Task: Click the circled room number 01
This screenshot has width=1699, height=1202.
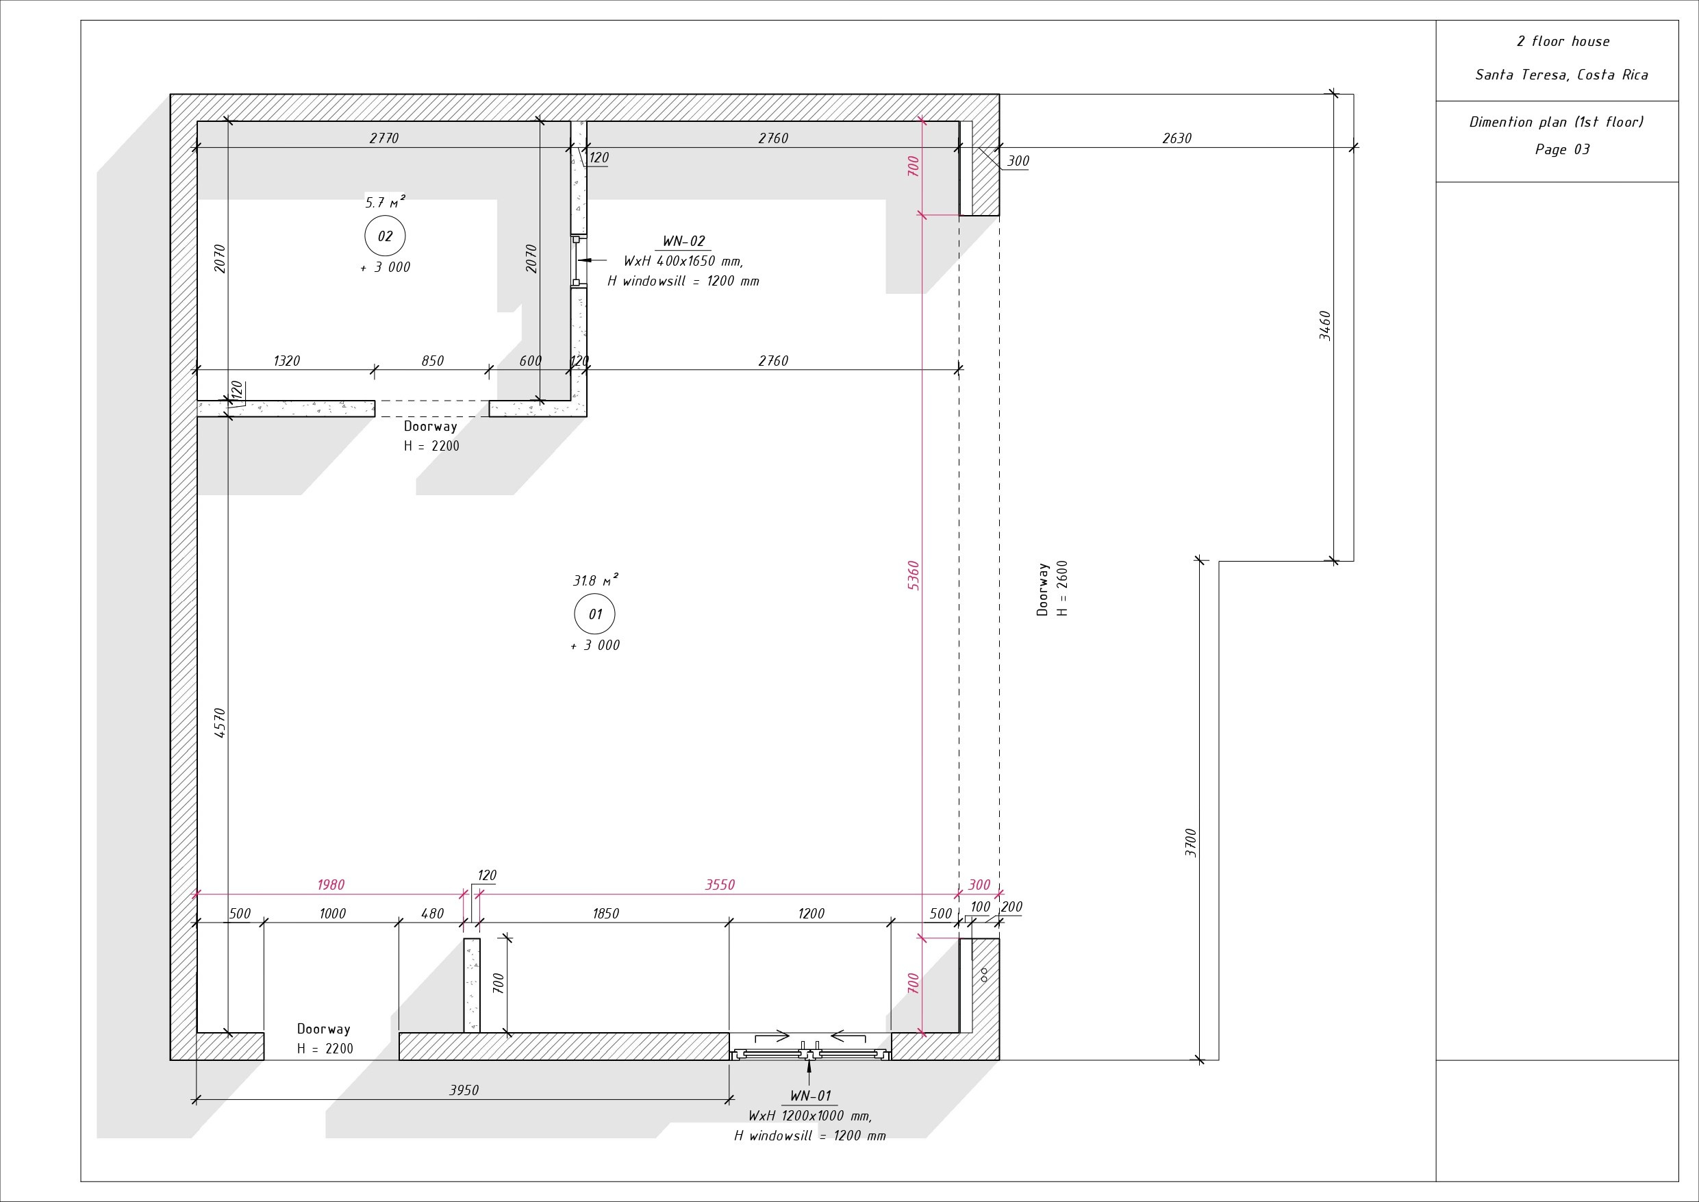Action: pyautogui.click(x=595, y=614)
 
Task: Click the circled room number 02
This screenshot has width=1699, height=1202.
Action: pyautogui.click(x=385, y=236)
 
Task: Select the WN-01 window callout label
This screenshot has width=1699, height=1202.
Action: pyautogui.click(x=810, y=1095)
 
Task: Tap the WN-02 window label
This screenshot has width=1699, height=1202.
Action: pyautogui.click(x=683, y=241)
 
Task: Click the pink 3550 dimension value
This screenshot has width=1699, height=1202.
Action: pyautogui.click(x=720, y=884)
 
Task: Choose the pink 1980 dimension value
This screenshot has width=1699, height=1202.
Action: pyautogui.click(x=331, y=884)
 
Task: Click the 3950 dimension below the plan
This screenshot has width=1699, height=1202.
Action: pyautogui.click(x=464, y=1090)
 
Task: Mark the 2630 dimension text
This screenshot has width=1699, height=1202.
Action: pyautogui.click(x=1176, y=138)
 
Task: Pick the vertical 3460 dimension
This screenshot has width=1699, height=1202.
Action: pyautogui.click(x=1325, y=325)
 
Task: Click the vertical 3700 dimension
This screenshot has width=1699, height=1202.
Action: pyautogui.click(x=1191, y=842)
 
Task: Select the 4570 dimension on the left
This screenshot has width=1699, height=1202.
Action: pyautogui.click(x=220, y=723)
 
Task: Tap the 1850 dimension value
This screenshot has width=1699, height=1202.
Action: pyautogui.click(x=605, y=914)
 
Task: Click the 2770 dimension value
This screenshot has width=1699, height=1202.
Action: pyautogui.click(x=384, y=138)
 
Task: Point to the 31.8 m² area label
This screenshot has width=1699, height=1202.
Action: pyautogui.click(x=595, y=580)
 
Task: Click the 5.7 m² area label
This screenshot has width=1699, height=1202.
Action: pyautogui.click(x=385, y=202)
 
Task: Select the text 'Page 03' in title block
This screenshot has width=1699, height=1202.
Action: pyautogui.click(x=1562, y=149)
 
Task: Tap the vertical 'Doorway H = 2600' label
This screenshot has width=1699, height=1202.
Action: pyautogui.click(x=1053, y=589)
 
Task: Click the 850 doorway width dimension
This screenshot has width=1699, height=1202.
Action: pyautogui.click(x=432, y=361)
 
